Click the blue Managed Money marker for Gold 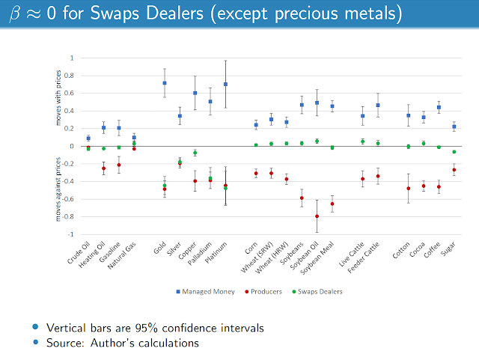click(165, 83)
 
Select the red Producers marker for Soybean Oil click(317, 216)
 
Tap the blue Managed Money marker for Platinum click(225, 84)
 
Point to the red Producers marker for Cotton click(409, 188)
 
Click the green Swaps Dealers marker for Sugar click(454, 152)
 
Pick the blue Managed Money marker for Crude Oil click(88, 138)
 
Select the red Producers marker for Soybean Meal click(332, 204)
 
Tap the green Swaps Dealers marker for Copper click(195, 153)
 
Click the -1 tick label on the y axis click(73, 234)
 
